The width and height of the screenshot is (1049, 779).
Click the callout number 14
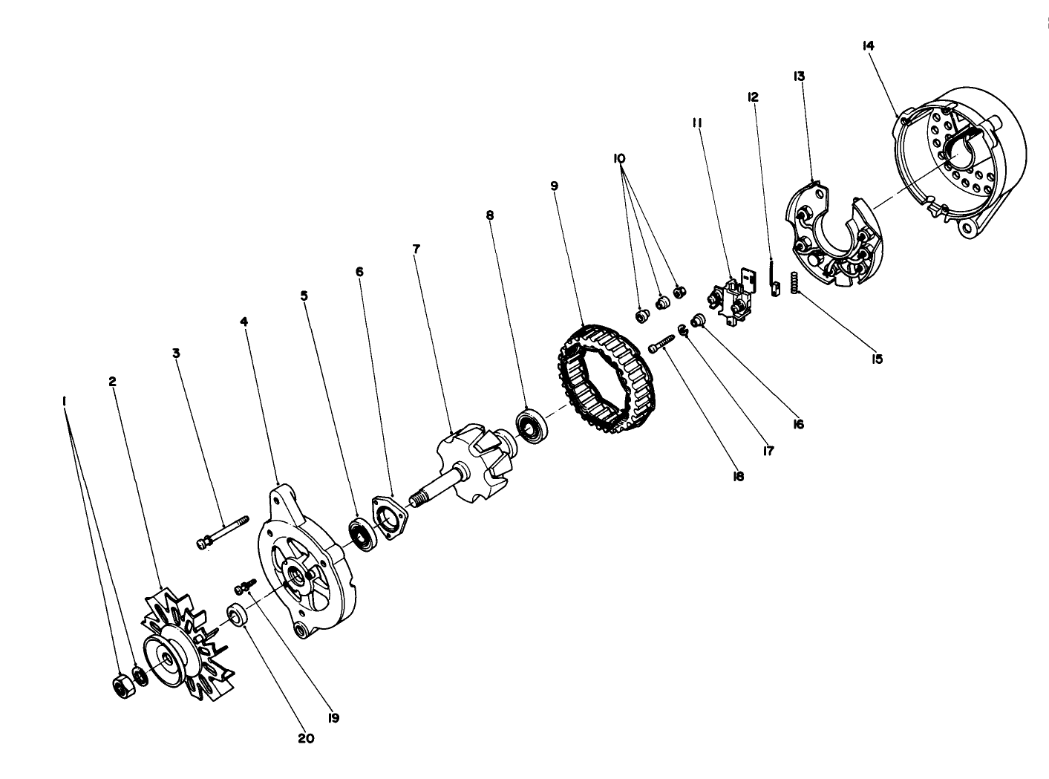[868, 45]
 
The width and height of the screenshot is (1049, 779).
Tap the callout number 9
[554, 186]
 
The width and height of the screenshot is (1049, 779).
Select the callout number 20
[306, 738]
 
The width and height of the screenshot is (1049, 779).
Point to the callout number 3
[176, 353]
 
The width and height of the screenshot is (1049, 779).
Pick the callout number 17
[768, 450]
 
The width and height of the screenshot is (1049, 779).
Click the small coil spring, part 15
[794, 283]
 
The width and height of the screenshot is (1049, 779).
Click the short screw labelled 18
[661, 343]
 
